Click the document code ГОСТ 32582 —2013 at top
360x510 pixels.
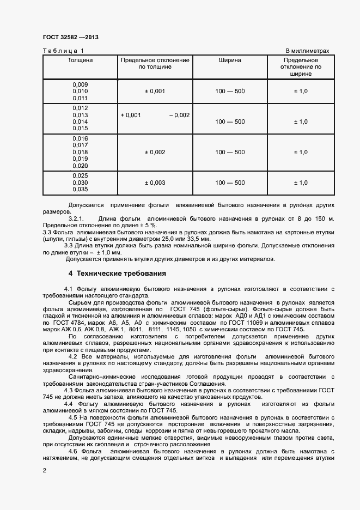(x=70, y=37)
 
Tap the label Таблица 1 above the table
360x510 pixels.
(x=60, y=51)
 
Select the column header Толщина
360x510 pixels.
(x=80, y=60)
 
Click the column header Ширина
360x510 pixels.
(x=230, y=60)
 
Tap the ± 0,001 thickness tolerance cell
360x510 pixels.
(x=155, y=92)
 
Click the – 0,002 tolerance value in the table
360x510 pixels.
(x=179, y=115)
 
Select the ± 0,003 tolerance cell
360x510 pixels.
(x=155, y=183)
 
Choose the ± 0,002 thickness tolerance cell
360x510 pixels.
(x=155, y=153)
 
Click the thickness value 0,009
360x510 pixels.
(x=80, y=85)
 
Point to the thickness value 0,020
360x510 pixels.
(x=80, y=166)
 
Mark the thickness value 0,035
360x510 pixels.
(x=80, y=190)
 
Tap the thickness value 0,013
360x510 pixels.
(x=80, y=115)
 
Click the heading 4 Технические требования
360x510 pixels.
(x=113, y=273)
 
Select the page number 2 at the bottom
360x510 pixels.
(x=45, y=469)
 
